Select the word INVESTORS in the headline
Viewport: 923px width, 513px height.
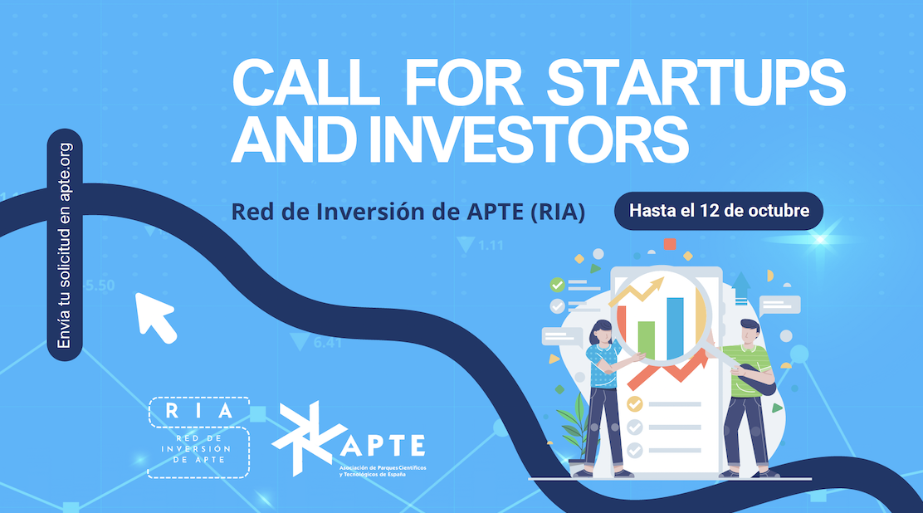click(x=528, y=139)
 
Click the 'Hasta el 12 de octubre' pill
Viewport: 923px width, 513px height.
click(x=719, y=211)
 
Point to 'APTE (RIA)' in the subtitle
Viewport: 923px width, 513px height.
click(x=525, y=212)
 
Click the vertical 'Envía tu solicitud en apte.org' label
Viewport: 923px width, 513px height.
click(x=65, y=245)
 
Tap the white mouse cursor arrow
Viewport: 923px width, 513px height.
click(x=155, y=317)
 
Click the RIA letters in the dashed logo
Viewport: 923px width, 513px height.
click(x=199, y=411)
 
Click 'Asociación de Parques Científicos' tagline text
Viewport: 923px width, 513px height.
click(x=383, y=467)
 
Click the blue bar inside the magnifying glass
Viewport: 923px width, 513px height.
click(x=675, y=327)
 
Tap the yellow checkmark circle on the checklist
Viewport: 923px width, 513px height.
click(x=634, y=404)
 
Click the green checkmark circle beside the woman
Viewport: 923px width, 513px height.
click(x=557, y=285)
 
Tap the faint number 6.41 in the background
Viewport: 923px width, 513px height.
click(x=327, y=342)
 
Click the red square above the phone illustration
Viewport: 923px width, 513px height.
click(x=670, y=244)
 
